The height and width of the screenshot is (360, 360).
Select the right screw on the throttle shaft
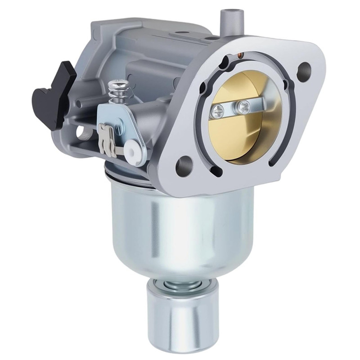(x=244, y=107)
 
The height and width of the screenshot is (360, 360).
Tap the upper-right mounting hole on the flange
(x=304, y=69)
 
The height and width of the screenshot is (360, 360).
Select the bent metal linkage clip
(x=107, y=139)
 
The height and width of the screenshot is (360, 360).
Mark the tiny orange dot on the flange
(x=241, y=56)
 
